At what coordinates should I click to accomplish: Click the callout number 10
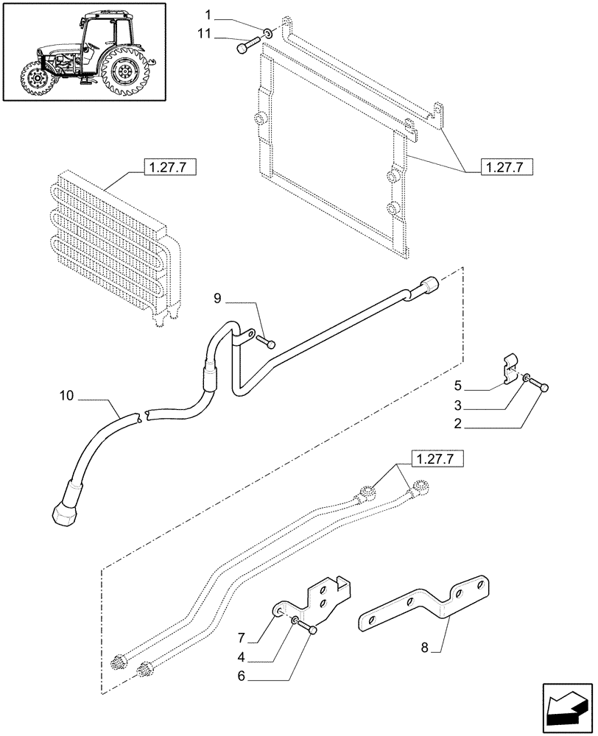(66, 397)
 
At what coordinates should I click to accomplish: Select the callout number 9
(217, 299)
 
